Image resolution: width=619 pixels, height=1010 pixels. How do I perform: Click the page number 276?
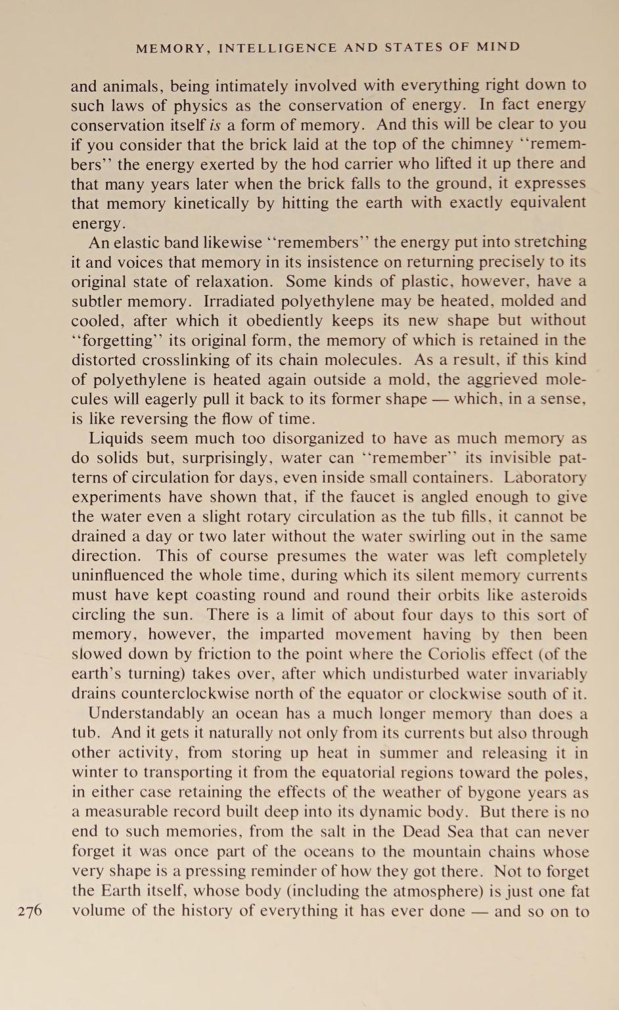click(30, 911)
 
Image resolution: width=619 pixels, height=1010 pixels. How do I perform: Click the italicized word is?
click(214, 125)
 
